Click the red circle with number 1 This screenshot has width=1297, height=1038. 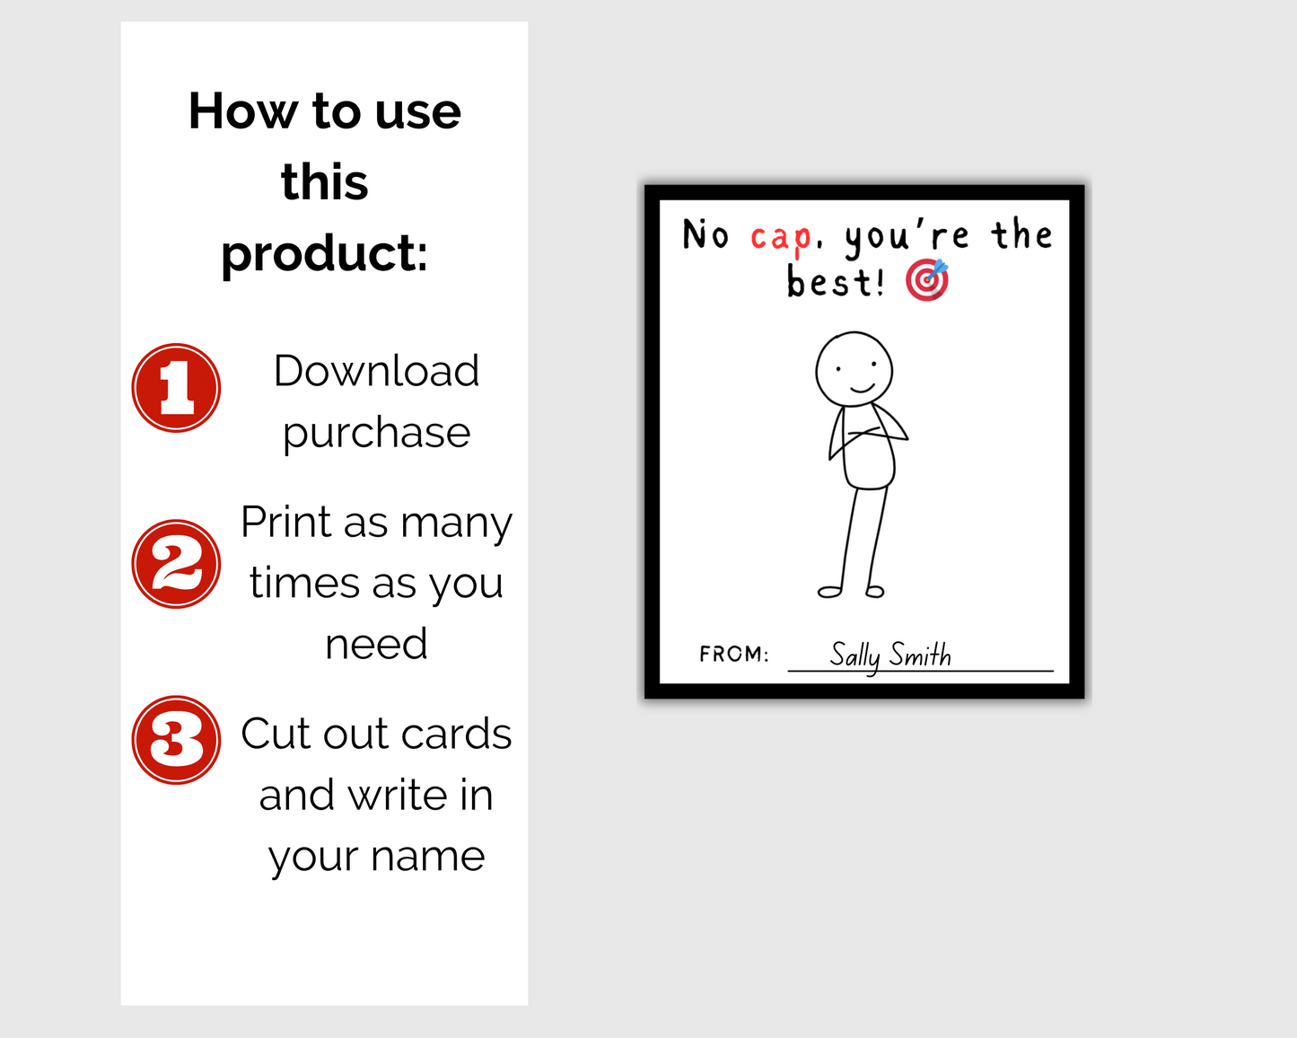[176, 388]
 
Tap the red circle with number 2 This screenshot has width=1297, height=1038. [176, 564]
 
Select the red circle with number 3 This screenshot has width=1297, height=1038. [176, 740]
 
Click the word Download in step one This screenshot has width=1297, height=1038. [376, 371]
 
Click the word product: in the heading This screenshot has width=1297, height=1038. [324, 254]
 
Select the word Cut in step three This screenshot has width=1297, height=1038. [276, 734]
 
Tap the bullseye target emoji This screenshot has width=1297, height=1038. [926, 280]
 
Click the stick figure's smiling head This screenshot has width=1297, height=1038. [854, 369]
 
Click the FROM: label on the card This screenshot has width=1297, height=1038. [733, 654]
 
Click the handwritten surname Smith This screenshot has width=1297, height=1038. [920, 655]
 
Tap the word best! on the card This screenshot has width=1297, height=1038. [835, 282]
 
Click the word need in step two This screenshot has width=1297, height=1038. [376, 644]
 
